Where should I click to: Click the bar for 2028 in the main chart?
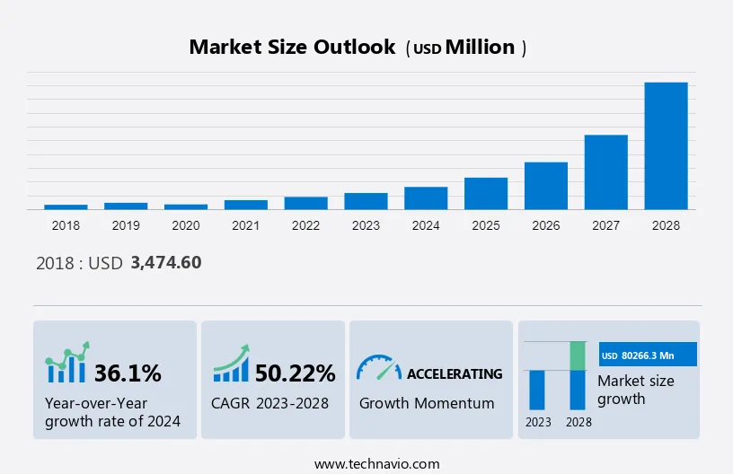coord(666,145)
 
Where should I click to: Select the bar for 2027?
coord(605,171)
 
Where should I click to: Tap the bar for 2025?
coord(486,193)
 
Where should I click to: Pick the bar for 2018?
coord(66,206)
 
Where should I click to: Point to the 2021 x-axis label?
coord(245,225)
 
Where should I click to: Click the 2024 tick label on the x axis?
coord(426,225)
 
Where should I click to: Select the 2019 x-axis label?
coord(126,225)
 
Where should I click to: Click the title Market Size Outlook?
coord(292,48)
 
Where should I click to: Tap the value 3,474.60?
coord(166,263)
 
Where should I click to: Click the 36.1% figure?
coord(128,373)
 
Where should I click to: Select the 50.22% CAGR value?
coord(295,373)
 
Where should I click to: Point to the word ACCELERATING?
coord(455,373)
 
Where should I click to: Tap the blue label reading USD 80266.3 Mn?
coord(648,355)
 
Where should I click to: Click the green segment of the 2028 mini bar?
coord(578,355)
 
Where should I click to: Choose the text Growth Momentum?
coord(427,403)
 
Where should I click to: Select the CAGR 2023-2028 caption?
coord(269,403)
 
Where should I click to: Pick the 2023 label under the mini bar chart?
coord(538,422)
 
